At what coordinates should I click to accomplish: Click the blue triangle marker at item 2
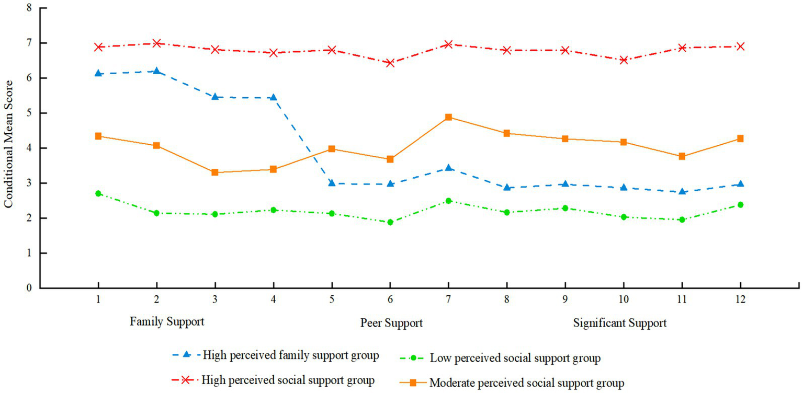(x=156, y=71)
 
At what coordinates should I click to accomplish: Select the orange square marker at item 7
(x=448, y=117)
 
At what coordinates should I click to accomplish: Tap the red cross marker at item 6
(x=390, y=63)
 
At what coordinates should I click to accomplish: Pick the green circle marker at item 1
(x=98, y=193)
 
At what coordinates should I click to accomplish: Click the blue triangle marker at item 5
(x=332, y=183)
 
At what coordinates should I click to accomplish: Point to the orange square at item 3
(x=214, y=172)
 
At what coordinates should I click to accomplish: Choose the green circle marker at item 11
(x=682, y=220)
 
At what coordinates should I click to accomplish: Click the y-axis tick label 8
(x=29, y=8)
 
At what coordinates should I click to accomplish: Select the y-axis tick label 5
(x=29, y=113)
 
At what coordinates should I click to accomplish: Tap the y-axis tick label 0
(x=29, y=288)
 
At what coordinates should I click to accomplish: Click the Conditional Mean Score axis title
(x=9, y=147)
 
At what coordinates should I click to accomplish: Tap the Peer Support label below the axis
(x=391, y=323)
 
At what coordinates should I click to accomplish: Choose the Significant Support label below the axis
(x=619, y=323)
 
